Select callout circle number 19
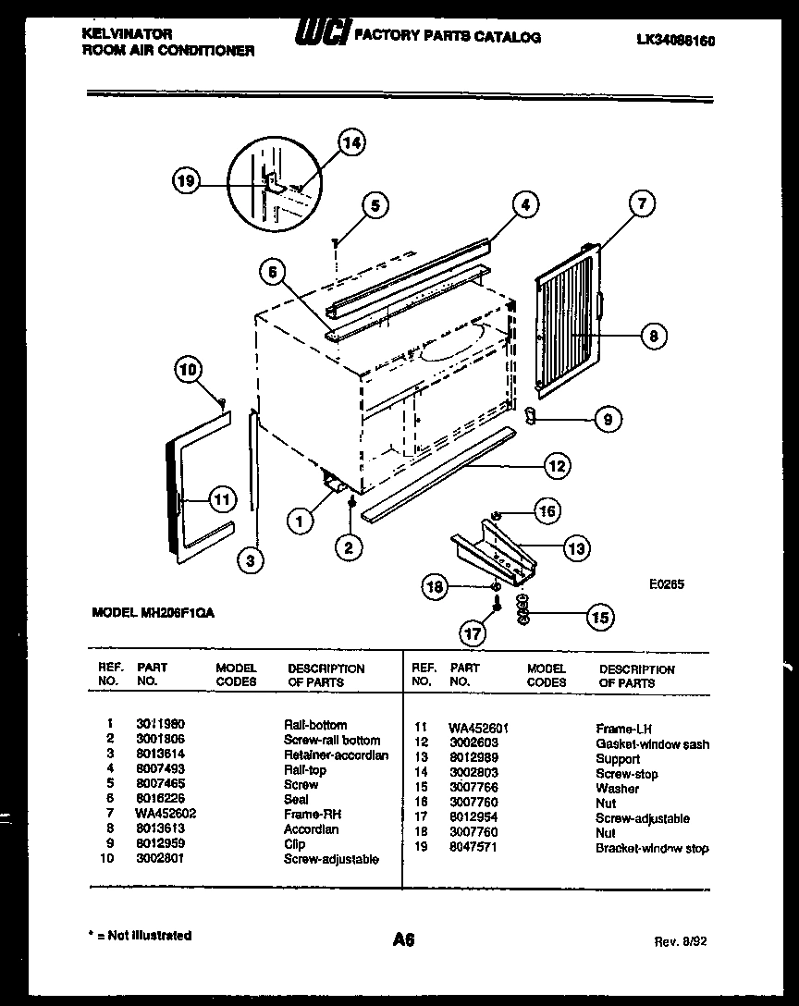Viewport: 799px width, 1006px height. point(188,182)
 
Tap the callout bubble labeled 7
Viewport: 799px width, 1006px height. point(642,202)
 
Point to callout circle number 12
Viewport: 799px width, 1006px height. point(556,466)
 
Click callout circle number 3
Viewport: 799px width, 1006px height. point(249,558)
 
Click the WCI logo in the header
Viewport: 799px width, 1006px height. point(320,34)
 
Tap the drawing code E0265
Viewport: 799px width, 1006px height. point(665,584)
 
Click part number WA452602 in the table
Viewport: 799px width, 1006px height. point(166,814)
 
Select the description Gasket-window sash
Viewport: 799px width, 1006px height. point(652,743)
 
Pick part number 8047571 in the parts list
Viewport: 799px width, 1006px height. point(473,848)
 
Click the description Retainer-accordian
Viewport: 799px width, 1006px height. point(336,755)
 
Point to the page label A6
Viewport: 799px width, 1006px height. point(403,940)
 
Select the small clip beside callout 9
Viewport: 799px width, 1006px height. point(531,415)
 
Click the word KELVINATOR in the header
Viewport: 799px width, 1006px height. point(128,33)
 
